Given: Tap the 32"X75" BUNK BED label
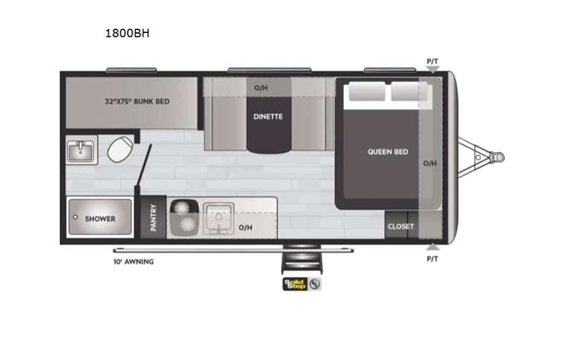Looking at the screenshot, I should [x=137, y=101].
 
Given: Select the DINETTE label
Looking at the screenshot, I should [x=269, y=117].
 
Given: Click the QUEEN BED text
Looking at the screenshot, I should [x=388, y=152].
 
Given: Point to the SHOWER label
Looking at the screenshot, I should [x=100, y=219].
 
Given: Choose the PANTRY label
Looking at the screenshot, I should [x=153, y=218].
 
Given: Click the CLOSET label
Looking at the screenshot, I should [x=401, y=226].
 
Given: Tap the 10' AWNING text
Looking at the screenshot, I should [x=133, y=262].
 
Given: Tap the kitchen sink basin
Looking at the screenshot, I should [x=219, y=217].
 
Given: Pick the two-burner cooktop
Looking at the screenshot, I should [x=183, y=216].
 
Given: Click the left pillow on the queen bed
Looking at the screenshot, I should [x=365, y=92].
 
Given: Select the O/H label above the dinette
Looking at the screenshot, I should [x=261, y=88].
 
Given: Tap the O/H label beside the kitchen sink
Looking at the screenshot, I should [x=245, y=227].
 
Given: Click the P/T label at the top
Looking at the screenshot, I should [x=434, y=61].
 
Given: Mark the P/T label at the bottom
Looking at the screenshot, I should [x=434, y=259].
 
